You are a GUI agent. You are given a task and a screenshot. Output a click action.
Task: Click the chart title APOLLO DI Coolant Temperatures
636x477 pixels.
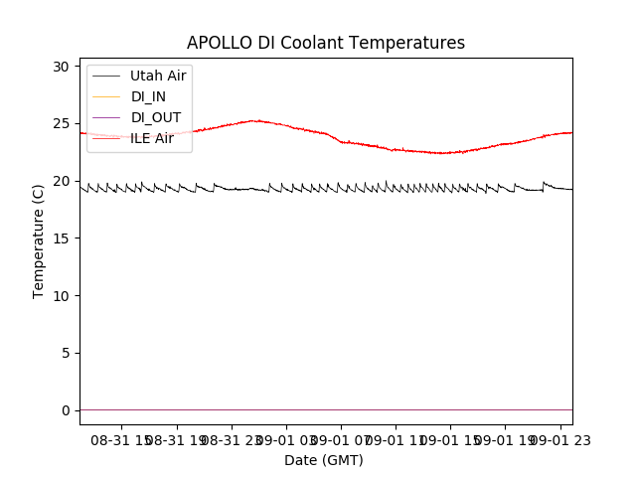[x=326, y=43]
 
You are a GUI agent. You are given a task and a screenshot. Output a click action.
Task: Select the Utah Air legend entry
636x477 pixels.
[x=157, y=76]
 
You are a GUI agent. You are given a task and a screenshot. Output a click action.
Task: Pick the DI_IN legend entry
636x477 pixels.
[x=149, y=96]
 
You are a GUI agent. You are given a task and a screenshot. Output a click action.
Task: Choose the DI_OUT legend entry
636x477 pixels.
[x=156, y=117]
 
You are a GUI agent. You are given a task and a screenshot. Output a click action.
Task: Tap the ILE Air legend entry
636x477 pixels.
[x=151, y=138]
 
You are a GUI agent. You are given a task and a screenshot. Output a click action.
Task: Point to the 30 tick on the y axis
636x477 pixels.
[x=62, y=67]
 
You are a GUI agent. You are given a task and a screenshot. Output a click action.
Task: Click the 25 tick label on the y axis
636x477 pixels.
[x=62, y=124]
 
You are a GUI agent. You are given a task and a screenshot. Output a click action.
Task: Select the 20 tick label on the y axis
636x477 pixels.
[x=62, y=181]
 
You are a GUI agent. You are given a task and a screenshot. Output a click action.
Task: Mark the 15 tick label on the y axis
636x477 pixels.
[x=62, y=238]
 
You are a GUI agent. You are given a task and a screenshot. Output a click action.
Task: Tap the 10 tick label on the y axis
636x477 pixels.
[x=62, y=296]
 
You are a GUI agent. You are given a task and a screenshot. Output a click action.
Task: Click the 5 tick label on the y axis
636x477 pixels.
[x=66, y=353]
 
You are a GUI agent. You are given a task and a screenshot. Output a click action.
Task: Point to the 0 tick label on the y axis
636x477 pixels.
[x=66, y=410]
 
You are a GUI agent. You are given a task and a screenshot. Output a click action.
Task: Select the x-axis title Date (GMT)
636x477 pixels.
[x=324, y=460]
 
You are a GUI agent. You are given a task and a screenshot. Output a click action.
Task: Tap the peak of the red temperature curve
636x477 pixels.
[x=256, y=120]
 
